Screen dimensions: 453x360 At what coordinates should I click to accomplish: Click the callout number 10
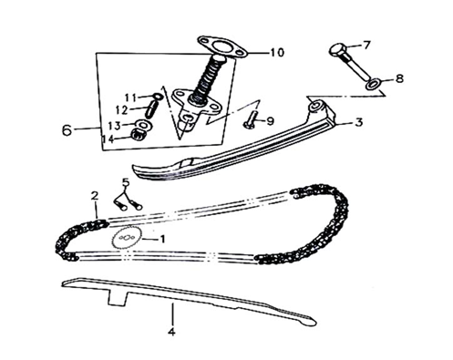point(277,53)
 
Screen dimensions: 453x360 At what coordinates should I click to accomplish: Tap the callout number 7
point(366,46)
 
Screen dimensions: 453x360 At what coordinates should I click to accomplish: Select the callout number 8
point(398,78)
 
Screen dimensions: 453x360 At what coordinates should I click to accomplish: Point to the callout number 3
point(358,122)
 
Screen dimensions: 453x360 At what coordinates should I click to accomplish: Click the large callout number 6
point(67,129)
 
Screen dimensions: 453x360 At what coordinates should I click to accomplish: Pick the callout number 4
point(171,332)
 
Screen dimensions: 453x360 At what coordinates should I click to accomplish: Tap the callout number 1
point(162,239)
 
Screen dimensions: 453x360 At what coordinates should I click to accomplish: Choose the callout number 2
point(95,196)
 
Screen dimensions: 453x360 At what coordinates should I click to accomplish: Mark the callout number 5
point(126,182)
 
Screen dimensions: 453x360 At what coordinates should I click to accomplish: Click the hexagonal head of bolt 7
point(337,50)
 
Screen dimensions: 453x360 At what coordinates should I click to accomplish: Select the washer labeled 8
point(373,83)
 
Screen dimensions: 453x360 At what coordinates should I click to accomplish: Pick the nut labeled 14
point(139,135)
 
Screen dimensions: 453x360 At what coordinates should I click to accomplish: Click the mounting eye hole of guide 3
point(316,107)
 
